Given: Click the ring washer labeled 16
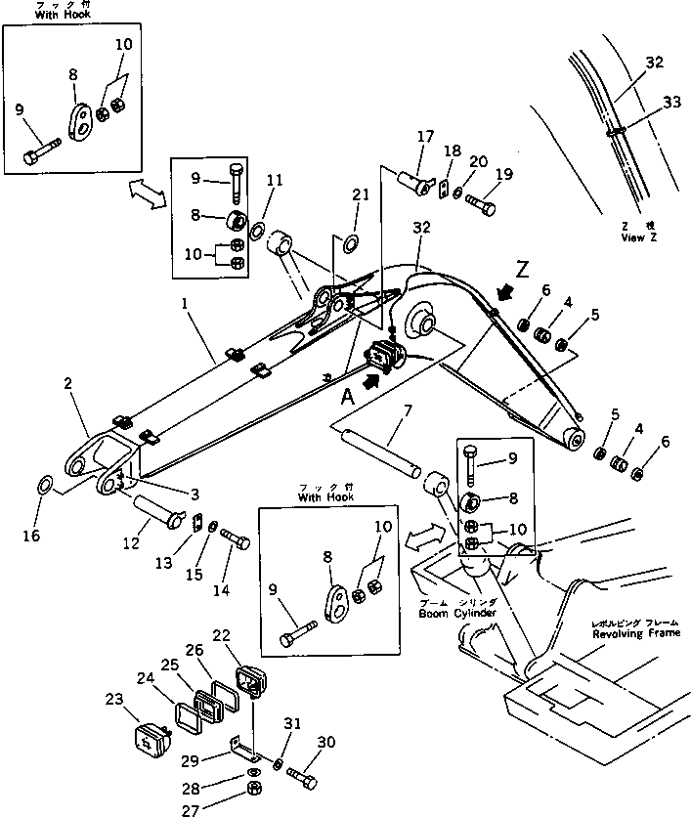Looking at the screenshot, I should (44, 486).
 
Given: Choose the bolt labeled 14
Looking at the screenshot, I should (236, 537).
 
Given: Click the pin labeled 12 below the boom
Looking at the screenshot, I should (156, 509).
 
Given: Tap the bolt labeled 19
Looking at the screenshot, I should (478, 206).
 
